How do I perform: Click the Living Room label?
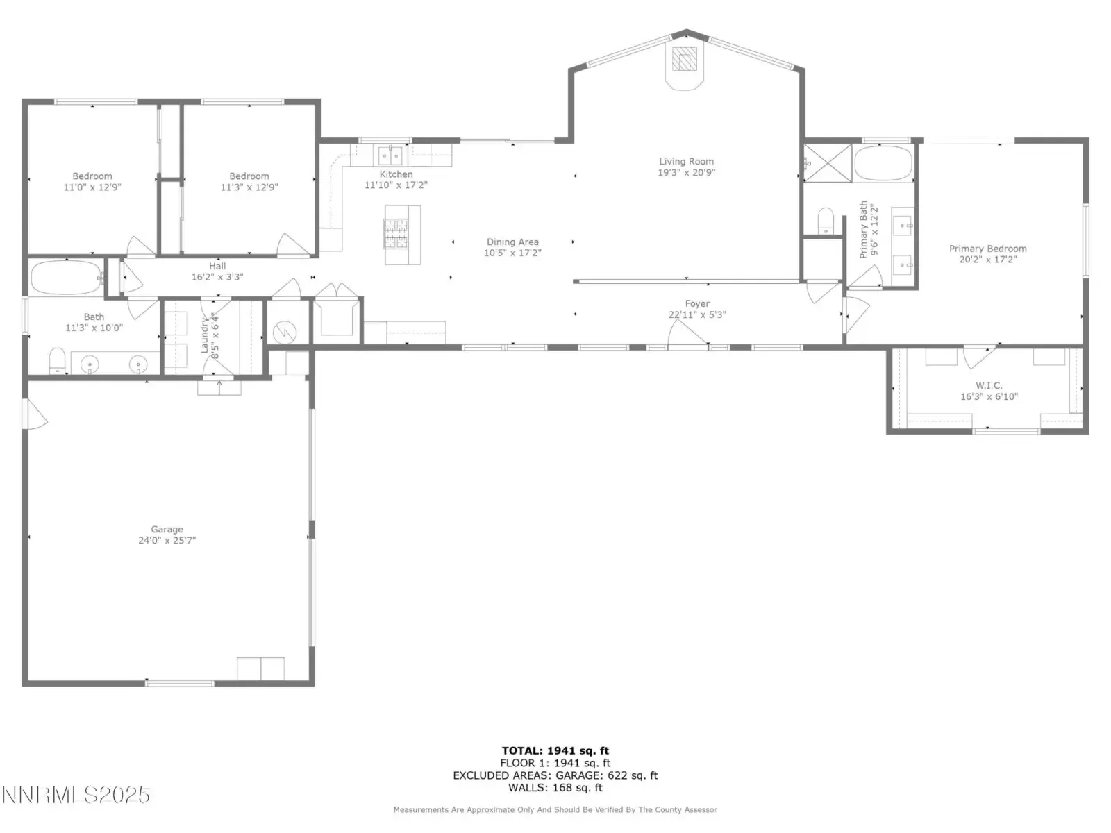tap(686, 161)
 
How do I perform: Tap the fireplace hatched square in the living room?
tap(685, 59)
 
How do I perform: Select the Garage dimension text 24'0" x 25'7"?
tap(167, 540)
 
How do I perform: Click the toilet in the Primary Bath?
tap(826, 221)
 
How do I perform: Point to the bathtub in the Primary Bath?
tap(883, 163)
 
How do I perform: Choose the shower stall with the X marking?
tap(827, 163)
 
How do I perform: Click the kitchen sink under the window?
tap(390, 155)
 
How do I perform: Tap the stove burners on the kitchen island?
tap(396, 234)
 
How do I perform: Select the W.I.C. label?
tap(989, 385)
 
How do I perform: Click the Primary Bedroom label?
tap(987, 249)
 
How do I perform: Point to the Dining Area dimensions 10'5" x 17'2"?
tap(512, 253)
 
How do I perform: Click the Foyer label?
tap(697, 303)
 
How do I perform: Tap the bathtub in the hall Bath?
tap(67, 277)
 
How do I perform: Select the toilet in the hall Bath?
tap(57, 360)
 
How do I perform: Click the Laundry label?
tap(204, 335)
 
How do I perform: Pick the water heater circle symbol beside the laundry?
tap(285, 333)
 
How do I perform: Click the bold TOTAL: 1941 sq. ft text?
tap(555, 750)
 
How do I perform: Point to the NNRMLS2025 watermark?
tap(76, 795)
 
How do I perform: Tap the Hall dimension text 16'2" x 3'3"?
tap(217, 277)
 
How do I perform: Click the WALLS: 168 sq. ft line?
tap(555, 787)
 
